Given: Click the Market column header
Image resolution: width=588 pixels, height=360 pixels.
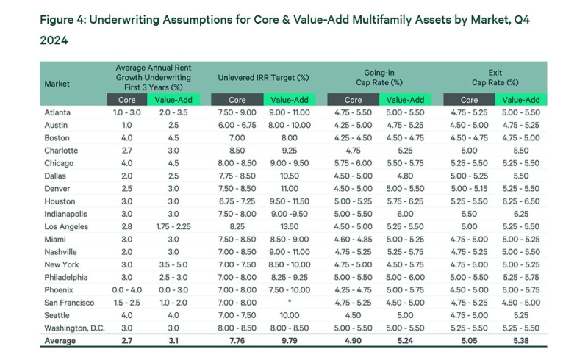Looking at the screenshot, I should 57,84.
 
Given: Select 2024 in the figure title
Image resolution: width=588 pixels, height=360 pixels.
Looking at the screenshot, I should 53,41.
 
